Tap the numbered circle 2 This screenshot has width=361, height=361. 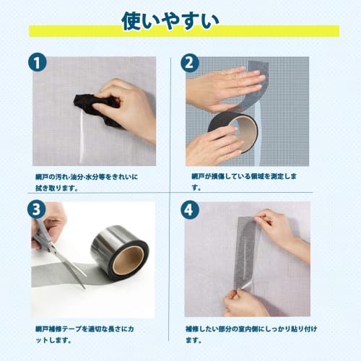click(190, 63)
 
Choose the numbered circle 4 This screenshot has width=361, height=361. click(190, 211)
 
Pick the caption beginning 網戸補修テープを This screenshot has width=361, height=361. click(87, 331)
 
